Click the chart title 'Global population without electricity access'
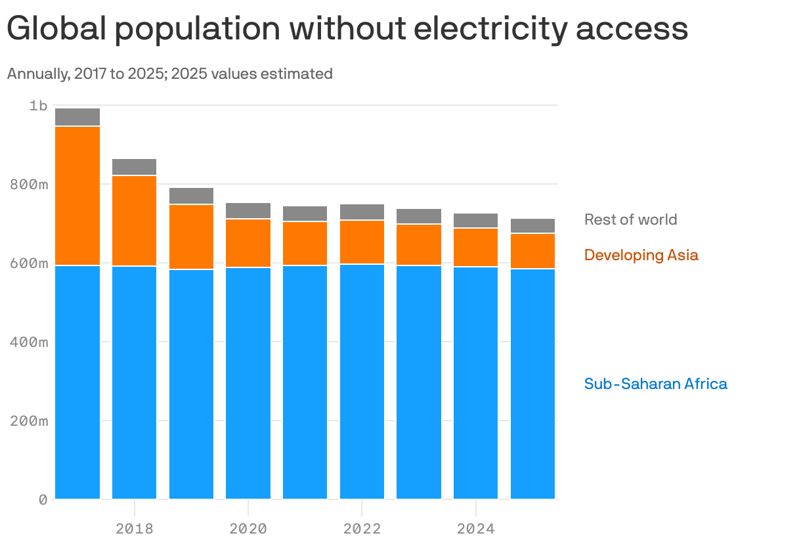click(x=347, y=30)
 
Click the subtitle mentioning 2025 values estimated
click(x=169, y=74)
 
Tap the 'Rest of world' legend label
click(x=630, y=219)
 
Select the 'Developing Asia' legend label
click(x=641, y=255)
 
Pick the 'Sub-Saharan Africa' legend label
click(x=655, y=384)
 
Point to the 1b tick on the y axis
click(x=39, y=105)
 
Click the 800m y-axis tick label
click(x=30, y=185)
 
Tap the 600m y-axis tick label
click(x=30, y=263)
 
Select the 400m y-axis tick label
click(x=30, y=342)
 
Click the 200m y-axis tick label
click(x=30, y=421)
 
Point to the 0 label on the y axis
click(x=43, y=500)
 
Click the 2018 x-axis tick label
click(x=134, y=529)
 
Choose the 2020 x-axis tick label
click(x=248, y=529)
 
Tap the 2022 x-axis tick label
click(x=362, y=529)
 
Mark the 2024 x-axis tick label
click(x=475, y=529)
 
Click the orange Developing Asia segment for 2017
click(x=77, y=196)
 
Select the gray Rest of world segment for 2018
click(x=134, y=167)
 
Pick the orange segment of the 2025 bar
click(x=532, y=251)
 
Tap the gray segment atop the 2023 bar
click(x=419, y=216)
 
